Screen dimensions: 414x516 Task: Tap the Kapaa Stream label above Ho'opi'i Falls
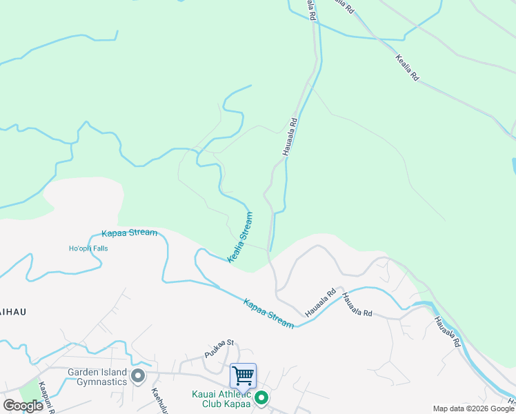130,233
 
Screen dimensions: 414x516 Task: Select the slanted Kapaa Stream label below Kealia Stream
268,312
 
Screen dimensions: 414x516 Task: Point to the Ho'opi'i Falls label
88,248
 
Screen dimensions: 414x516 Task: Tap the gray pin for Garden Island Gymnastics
137,377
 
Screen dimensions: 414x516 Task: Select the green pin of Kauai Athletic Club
261,397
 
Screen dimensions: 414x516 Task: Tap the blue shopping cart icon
243,375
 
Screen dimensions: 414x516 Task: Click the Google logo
23,406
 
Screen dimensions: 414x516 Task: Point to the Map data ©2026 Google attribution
473,408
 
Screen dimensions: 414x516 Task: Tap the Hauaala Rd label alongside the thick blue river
448,331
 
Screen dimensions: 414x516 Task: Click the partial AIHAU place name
13,312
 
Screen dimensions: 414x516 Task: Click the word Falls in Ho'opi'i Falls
99,248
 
